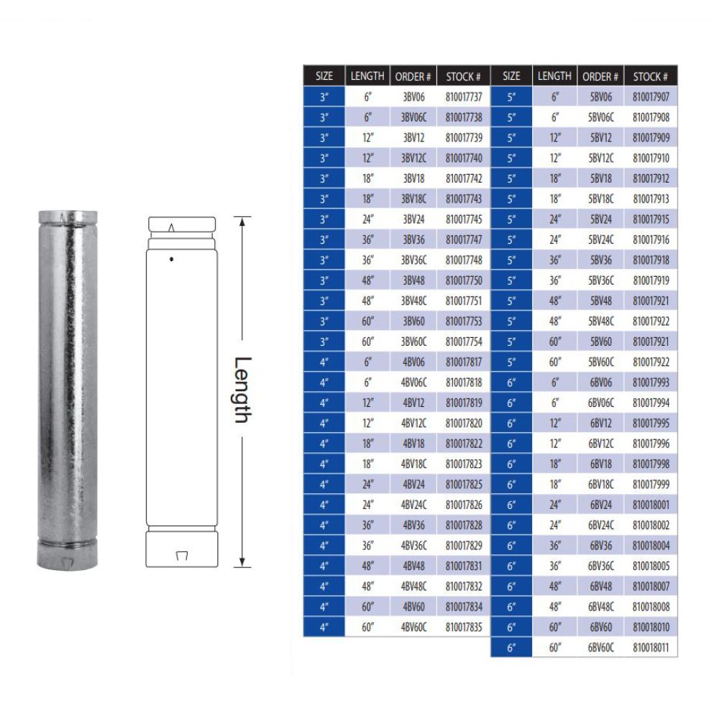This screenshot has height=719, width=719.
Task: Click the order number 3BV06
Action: click(x=413, y=96)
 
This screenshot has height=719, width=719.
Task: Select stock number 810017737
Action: click(x=464, y=96)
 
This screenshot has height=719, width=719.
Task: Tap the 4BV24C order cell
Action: click(x=413, y=505)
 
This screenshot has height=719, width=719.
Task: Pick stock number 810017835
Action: click(x=464, y=628)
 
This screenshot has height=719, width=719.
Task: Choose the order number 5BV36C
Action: click(x=600, y=280)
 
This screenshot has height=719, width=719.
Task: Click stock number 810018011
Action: click(x=651, y=648)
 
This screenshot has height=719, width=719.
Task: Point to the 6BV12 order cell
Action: click(x=600, y=423)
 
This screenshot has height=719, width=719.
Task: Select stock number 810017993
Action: click(x=651, y=383)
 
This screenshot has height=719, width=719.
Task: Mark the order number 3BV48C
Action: click(x=413, y=301)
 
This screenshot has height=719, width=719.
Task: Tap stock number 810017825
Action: click(x=464, y=485)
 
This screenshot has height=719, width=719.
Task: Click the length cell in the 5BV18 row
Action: click(x=554, y=178)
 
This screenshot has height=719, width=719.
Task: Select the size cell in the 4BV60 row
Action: click(x=324, y=608)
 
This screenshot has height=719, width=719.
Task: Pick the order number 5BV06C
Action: click(x=600, y=116)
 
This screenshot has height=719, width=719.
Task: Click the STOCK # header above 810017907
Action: click(x=651, y=75)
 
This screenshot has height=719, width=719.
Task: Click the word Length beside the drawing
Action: click(x=244, y=390)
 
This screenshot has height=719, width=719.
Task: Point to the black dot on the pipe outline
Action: click(x=171, y=258)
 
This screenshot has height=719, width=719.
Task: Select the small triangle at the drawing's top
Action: click(x=170, y=227)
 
